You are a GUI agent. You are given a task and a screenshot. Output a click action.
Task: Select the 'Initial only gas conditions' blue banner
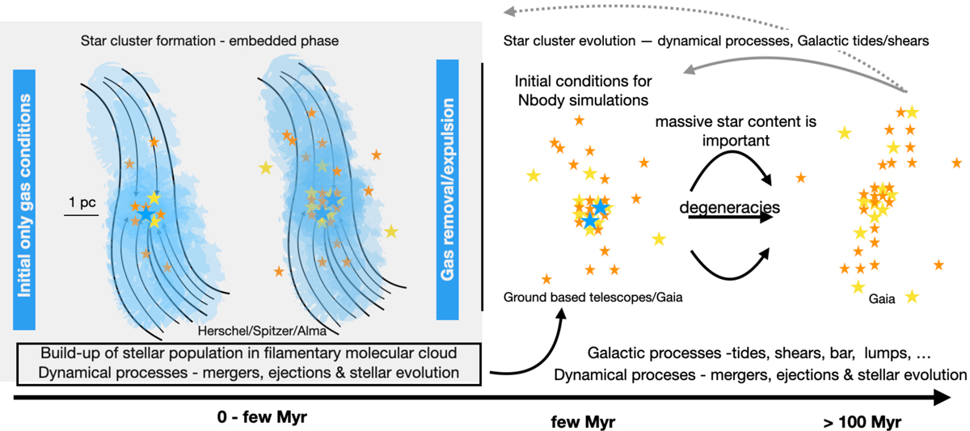[27, 194]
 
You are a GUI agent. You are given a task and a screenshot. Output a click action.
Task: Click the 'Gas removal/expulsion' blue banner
[449, 190]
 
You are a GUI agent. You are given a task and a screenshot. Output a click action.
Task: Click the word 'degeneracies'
[730, 208]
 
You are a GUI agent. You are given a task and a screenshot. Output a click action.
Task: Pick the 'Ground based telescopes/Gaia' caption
[593, 298]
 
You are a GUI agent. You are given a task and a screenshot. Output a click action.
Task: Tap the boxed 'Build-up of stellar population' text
[249, 363]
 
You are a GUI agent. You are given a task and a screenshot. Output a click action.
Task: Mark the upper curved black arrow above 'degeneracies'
[732, 162]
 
